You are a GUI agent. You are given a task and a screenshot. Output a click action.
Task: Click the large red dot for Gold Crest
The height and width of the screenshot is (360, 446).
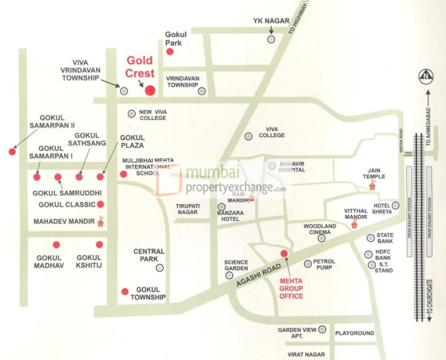(150, 90)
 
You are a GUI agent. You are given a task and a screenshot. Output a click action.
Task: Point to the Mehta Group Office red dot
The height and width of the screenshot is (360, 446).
(285, 253)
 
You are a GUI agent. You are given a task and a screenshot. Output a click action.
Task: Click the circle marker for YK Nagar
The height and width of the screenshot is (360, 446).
(271, 39)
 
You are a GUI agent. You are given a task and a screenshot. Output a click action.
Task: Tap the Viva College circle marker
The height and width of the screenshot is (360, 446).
(248, 136)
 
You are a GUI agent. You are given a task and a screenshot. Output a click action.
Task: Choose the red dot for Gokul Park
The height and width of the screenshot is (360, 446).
(171, 52)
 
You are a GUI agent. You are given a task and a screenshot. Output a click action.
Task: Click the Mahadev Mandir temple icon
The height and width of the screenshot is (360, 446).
(101, 221)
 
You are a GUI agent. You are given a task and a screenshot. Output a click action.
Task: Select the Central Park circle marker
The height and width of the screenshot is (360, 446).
(160, 267)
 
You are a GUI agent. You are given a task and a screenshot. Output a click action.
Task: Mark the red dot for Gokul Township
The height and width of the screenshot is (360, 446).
(125, 292)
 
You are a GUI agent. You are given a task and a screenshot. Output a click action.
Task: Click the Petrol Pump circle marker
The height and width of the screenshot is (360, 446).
(308, 263)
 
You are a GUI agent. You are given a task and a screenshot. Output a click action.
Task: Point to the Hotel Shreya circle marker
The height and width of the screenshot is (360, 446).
(395, 205)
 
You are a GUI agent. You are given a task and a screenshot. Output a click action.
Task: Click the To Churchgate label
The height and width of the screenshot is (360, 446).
(430, 301)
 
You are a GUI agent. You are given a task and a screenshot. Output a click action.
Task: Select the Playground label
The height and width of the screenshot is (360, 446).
(355, 333)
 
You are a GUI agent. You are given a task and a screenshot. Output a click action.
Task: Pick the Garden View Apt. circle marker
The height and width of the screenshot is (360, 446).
(322, 330)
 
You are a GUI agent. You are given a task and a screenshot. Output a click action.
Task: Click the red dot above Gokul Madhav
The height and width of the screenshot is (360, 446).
(56, 245)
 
